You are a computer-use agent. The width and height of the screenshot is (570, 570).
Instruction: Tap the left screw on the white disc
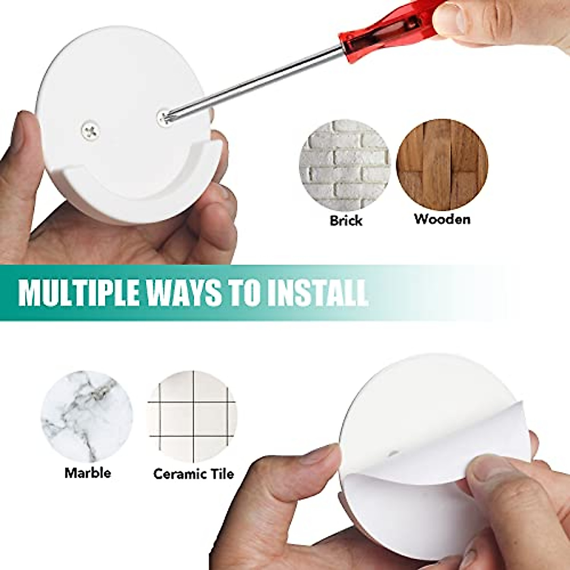[x=90, y=128]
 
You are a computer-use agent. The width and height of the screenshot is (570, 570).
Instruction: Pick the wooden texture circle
[x=442, y=164]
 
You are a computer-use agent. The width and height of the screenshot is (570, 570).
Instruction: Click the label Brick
[x=345, y=220]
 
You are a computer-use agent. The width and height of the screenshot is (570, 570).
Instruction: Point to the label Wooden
[x=442, y=219]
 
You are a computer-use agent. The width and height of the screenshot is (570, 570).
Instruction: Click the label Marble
[x=88, y=473]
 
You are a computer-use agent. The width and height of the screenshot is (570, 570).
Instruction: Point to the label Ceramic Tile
[x=193, y=474]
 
